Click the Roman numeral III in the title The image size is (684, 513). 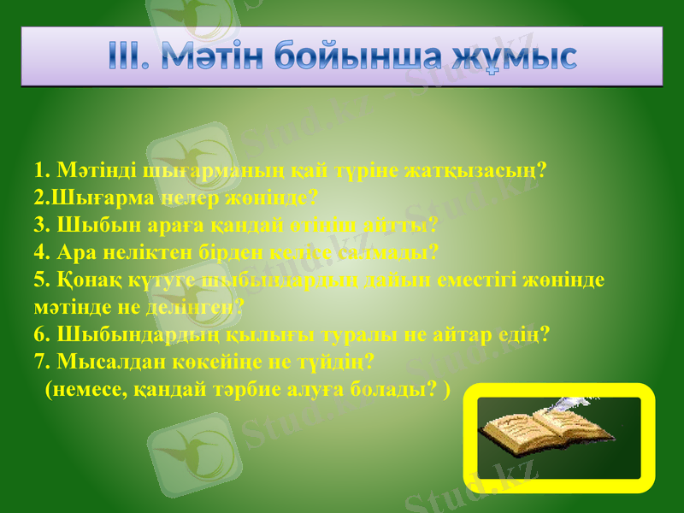point(130,56)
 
